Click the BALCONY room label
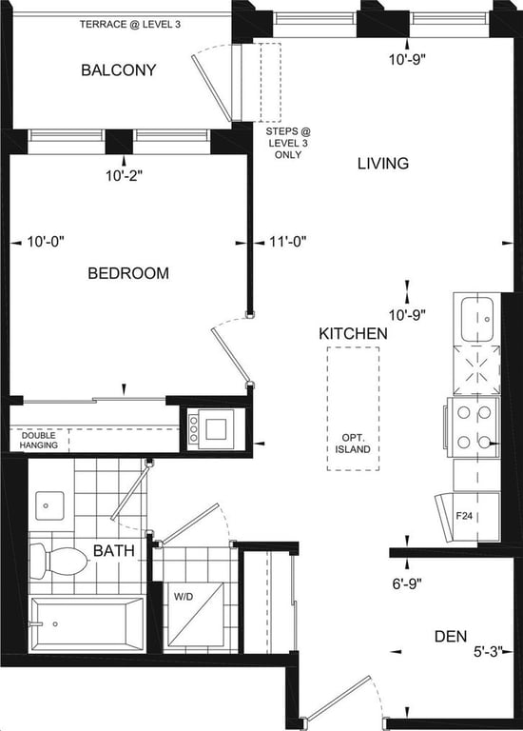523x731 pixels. (x=118, y=69)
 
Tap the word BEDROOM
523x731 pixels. (x=128, y=273)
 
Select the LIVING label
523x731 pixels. (x=383, y=163)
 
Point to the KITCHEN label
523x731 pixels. (x=353, y=333)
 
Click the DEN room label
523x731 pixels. (x=451, y=636)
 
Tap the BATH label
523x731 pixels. (x=114, y=550)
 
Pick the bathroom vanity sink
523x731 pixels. (x=49, y=505)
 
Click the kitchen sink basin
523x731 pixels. (x=477, y=320)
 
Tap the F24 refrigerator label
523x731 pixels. (x=464, y=516)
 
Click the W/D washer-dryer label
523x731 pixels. (x=183, y=596)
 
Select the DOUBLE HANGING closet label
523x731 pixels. (x=39, y=440)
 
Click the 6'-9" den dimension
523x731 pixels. (x=407, y=583)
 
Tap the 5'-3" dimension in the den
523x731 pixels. (x=489, y=651)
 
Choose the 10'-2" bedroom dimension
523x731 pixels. (x=124, y=176)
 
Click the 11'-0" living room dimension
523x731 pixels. (x=287, y=242)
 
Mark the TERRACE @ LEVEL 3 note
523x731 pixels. (x=130, y=24)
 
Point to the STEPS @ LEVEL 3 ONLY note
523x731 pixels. (x=288, y=143)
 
